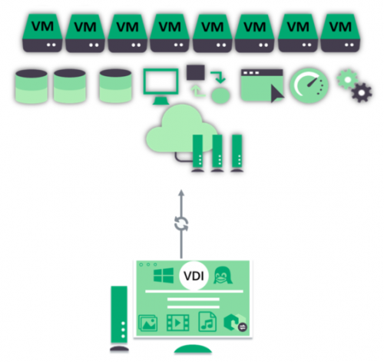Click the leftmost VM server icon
[42, 33]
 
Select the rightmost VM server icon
[340, 33]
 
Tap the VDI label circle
[194, 276]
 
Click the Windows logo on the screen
[164, 275]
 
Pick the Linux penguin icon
[223, 275]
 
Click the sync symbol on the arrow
[181, 224]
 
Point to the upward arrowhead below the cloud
[181, 193]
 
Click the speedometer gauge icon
[310, 85]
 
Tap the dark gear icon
[361, 92]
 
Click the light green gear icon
[347, 79]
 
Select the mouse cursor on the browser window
[277, 94]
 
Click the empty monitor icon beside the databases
[161, 87]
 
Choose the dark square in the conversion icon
[196, 72]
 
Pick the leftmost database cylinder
[31, 87]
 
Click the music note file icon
[207, 322]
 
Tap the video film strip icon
[178, 323]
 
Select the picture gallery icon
[148, 323]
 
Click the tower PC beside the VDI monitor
[119, 318]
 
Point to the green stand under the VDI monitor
[193, 349]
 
